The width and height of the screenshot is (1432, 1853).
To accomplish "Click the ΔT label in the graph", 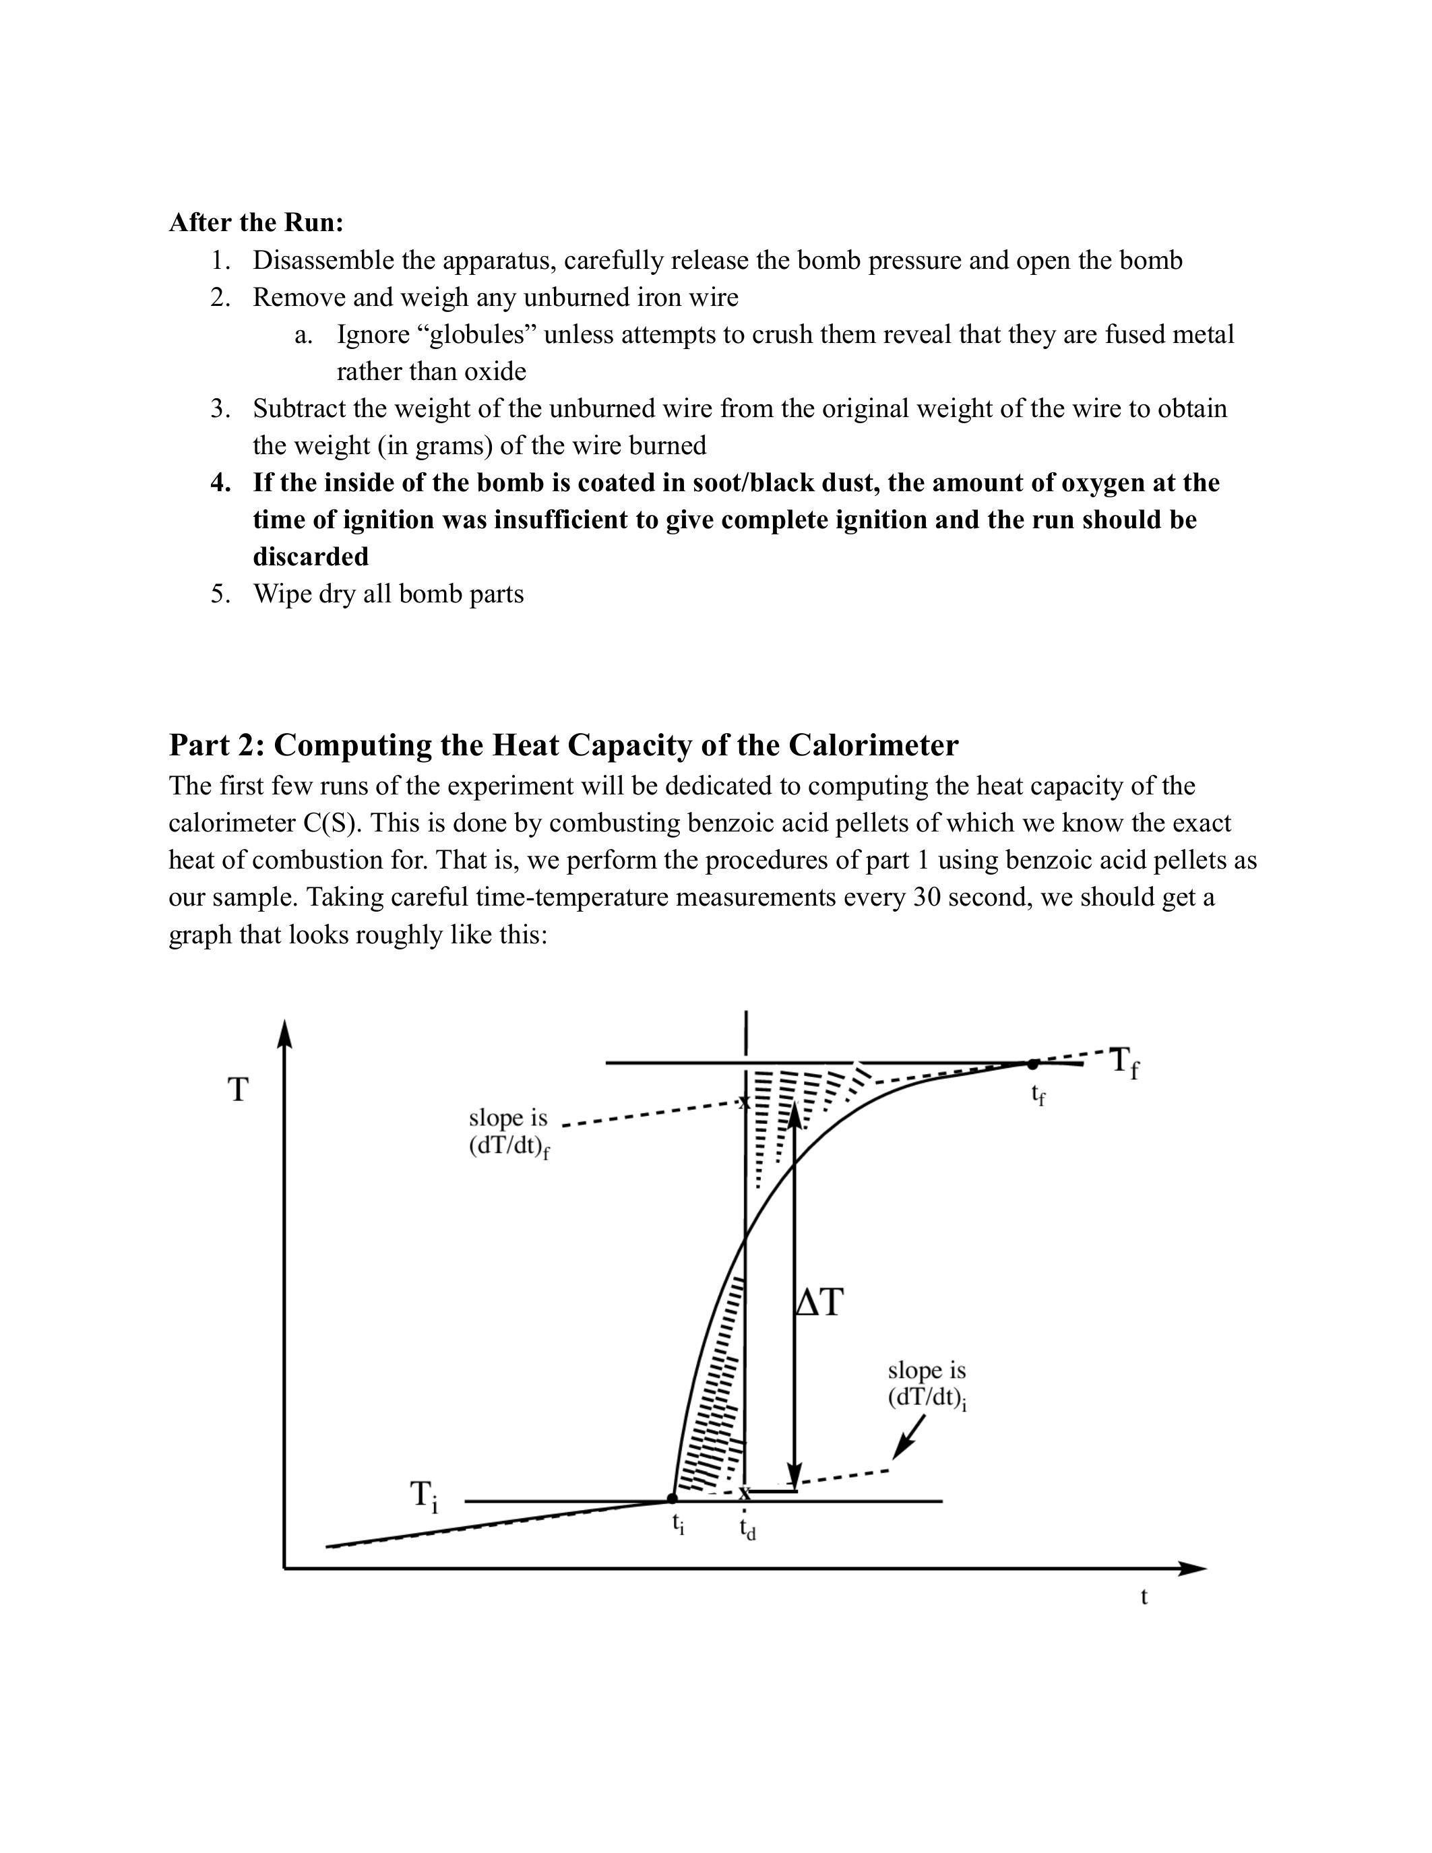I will click(819, 1302).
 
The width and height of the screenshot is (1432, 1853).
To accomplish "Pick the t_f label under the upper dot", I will click(1038, 1096).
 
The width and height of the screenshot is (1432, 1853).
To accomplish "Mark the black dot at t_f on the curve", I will click(1032, 1064).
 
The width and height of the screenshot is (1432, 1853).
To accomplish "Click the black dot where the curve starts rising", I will click(673, 1499).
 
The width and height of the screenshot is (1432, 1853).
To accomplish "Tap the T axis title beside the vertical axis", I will click(239, 1090).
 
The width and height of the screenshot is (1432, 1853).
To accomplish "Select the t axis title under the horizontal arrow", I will click(1144, 1597).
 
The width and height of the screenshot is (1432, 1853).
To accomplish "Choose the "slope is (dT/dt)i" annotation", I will click(927, 1384).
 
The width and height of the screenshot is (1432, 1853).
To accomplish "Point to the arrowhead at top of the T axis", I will click(285, 1034).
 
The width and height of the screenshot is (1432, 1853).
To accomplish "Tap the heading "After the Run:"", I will click(256, 222).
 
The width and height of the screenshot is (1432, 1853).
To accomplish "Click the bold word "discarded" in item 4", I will click(311, 557).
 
